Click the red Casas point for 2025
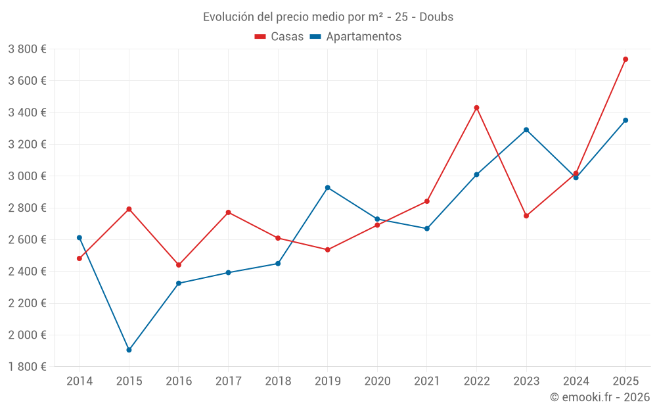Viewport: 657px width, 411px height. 625,59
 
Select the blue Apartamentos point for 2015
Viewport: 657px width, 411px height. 129,350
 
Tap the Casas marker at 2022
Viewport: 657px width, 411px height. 476,108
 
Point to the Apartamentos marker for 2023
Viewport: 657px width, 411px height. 526,130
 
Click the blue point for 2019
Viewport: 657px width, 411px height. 328,187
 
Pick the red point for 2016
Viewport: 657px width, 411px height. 179,265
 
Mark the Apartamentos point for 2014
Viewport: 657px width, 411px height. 79,237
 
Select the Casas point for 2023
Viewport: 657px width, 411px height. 526,216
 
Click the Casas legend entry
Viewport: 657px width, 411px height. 279,37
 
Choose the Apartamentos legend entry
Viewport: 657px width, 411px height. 355,37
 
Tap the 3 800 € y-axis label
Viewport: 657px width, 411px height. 27,49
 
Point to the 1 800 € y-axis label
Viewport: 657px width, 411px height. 27,367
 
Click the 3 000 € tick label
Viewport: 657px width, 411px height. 27,176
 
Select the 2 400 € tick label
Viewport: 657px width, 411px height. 27,272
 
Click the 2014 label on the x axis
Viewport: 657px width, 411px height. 79,381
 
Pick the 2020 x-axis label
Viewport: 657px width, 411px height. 377,381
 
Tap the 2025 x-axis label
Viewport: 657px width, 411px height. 625,381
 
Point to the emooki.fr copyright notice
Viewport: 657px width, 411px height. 600,397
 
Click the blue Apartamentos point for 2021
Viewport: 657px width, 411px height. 427,229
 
